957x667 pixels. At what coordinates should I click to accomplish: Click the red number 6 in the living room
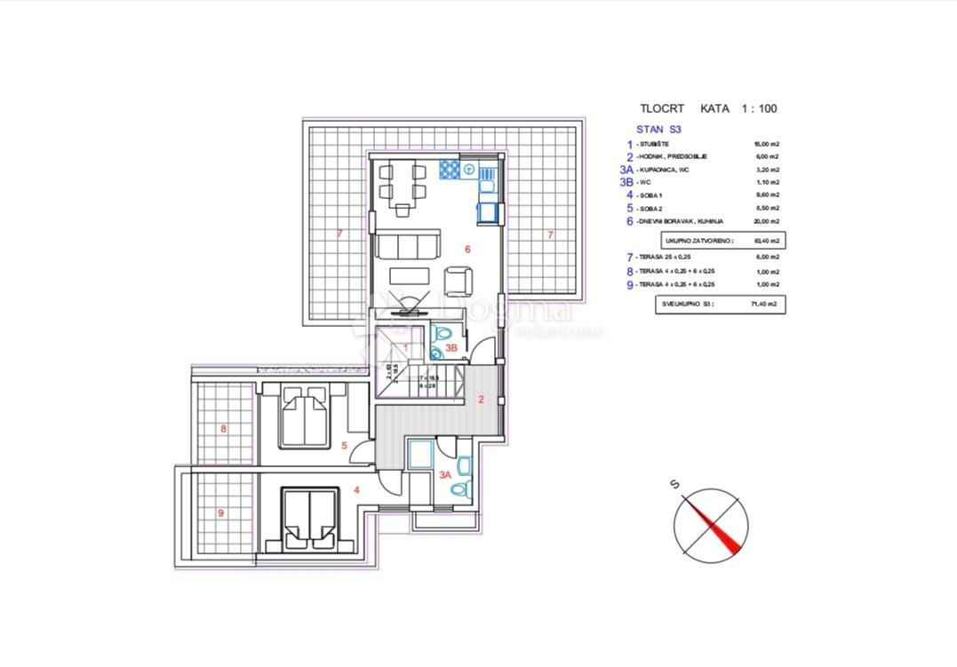467,250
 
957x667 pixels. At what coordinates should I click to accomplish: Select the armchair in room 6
458,281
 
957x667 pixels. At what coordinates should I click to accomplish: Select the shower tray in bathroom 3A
419,453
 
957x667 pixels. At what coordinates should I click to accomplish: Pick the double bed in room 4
309,516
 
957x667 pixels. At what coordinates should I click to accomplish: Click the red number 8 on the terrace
223,429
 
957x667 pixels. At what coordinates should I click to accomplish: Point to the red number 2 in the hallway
481,400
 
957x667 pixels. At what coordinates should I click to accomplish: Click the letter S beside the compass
675,484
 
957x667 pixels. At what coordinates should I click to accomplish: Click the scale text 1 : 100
759,108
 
